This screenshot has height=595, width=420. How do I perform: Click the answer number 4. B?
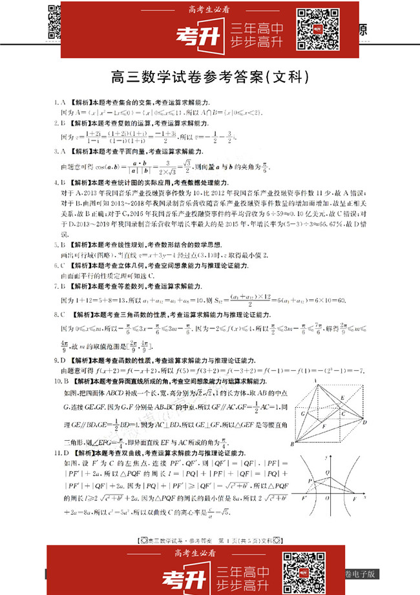[60, 183]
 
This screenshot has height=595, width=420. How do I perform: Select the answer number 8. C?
[60, 313]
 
